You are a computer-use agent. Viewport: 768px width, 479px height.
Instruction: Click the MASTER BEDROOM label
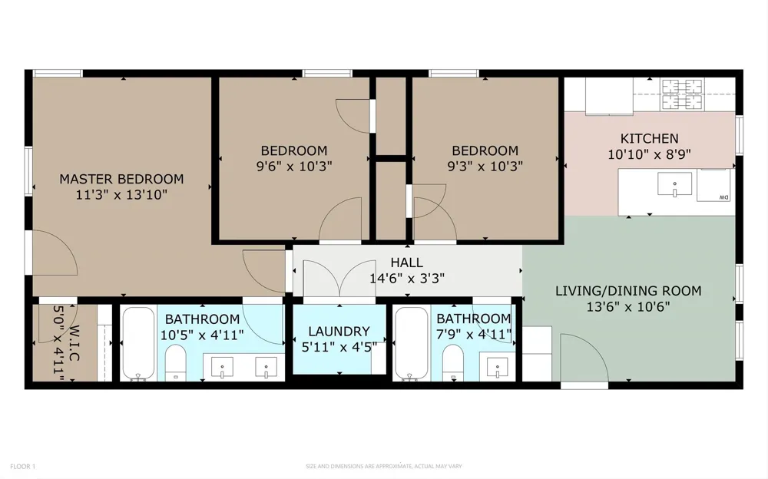(121, 179)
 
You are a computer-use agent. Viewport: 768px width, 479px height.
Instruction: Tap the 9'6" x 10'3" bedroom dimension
(294, 167)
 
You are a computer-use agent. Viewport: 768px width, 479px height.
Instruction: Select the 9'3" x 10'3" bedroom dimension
(485, 167)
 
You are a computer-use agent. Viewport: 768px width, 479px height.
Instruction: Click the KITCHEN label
(650, 139)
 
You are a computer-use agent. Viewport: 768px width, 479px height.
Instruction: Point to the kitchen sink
(674, 183)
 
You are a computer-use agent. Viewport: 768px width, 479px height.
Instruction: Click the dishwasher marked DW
(713, 185)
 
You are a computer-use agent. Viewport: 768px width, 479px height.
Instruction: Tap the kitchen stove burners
(682, 94)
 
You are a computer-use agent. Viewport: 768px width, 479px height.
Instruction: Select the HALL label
(407, 263)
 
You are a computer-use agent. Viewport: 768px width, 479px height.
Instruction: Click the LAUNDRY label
(339, 332)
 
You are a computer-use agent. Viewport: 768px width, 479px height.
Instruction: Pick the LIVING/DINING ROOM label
(628, 291)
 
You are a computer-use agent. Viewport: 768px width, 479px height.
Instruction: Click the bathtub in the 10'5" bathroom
(138, 344)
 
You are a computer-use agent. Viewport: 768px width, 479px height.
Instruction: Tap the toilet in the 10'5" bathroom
(175, 362)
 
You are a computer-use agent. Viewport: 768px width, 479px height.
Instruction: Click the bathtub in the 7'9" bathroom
(412, 344)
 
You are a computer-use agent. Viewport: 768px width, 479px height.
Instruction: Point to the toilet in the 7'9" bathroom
(453, 362)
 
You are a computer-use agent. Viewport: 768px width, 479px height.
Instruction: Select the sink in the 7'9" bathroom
(497, 368)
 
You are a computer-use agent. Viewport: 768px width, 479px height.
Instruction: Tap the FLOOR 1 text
(23, 466)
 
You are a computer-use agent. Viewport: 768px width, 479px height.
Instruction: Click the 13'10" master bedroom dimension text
(147, 195)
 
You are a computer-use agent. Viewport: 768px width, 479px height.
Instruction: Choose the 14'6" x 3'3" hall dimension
(407, 279)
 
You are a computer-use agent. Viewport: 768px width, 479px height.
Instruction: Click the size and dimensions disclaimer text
(384, 466)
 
